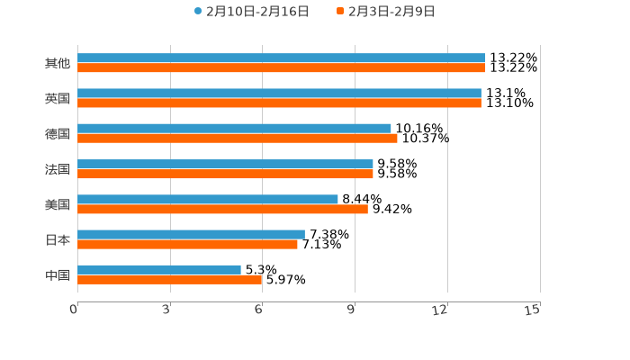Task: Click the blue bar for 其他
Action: [x=281, y=58]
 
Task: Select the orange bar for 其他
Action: [x=281, y=67]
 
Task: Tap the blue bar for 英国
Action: [x=279, y=94]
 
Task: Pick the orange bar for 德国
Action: [x=238, y=139]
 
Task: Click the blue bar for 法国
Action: [x=225, y=164]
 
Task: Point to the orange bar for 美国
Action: [x=222, y=209]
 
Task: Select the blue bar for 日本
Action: [x=191, y=234]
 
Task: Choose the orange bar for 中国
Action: [x=170, y=280]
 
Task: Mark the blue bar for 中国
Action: [x=159, y=269]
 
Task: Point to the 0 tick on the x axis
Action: [x=74, y=310]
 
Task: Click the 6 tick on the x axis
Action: [x=258, y=310]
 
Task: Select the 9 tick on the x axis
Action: [x=352, y=310]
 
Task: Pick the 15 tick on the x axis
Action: [x=532, y=310]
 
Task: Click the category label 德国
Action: [x=58, y=133]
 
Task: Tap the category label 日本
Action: [x=58, y=239]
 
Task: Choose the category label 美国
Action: [x=58, y=204]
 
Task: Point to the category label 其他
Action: [x=58, y=63]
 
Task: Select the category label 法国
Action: [x=58, y=169]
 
